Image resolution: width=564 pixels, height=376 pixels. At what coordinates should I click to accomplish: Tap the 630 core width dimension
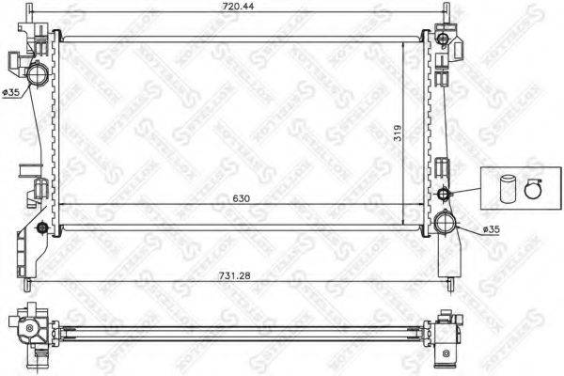point(230,199)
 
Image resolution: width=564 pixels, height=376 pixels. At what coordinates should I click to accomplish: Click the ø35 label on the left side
point(8,90)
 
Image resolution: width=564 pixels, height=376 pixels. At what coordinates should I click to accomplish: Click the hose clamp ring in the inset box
point(533,188)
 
